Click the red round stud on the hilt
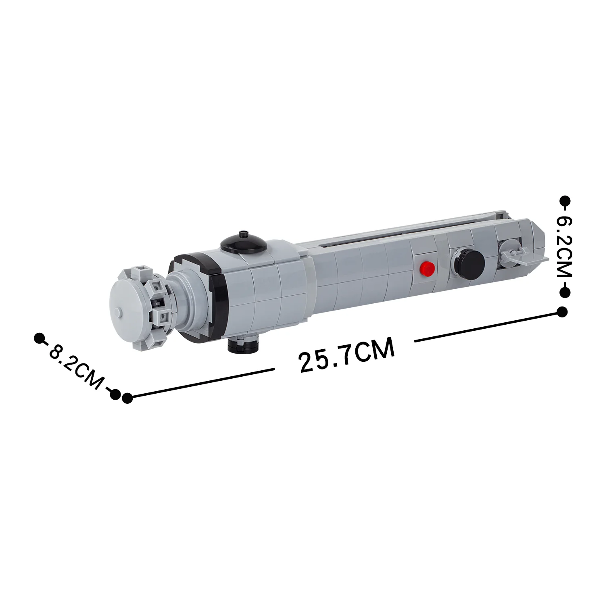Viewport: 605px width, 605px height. pyautogui.click(x=428, y=268)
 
